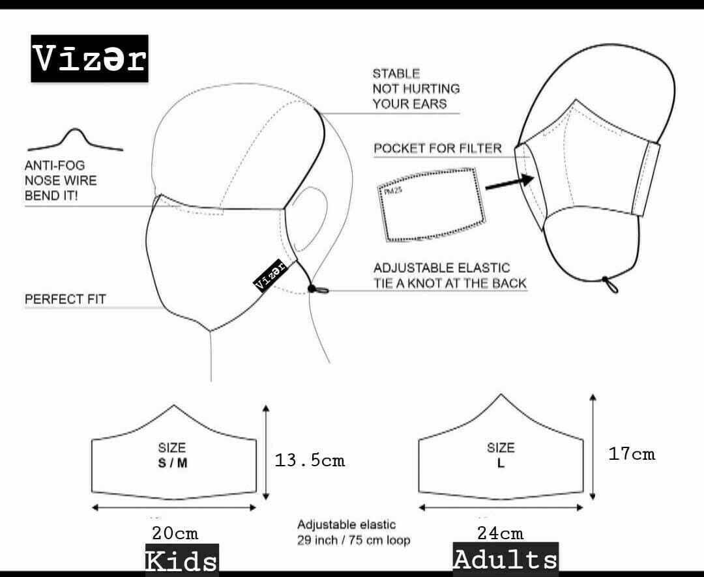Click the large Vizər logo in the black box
[89, 59]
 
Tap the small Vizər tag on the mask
[271, 275]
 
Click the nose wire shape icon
[75, 139]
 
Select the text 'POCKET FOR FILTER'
[437, 148]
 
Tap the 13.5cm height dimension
[310, 460]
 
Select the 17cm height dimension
[632, 454]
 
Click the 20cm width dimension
[175, 533]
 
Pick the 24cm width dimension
[500, 533]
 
